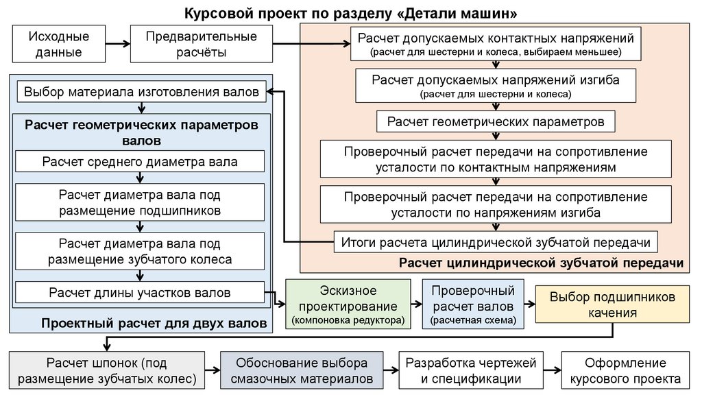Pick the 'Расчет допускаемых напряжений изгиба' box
pyautogui.click(x=496, y=86)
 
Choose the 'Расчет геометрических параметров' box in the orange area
pyautogui.click(x=496, y=122)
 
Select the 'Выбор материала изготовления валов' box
pyautogui.click(x=141, y=91)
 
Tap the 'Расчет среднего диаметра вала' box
pyautogui.click(x=140, y=163)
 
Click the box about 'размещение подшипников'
pyautogui.click(x=140, y=202)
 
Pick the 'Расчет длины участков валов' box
pyautogui.click(x=140, y=293)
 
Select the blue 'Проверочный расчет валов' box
pyautogui.click(x=472, y=304)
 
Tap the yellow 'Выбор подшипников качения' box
pyautogui.click(x=612, y=304)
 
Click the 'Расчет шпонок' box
pyautogui.click(x=106, y=370)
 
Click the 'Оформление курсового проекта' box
pyautogui.click(x=625, y=370)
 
